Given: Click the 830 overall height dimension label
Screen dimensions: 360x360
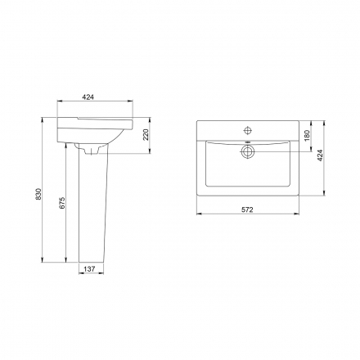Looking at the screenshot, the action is click(x=38, y=194).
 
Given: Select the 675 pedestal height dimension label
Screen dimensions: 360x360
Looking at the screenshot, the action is click(x=62, y=203).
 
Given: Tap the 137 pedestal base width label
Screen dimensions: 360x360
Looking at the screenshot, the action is click(x=89, y=269).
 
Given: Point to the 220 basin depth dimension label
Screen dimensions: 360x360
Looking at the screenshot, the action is click(x=146, y=135).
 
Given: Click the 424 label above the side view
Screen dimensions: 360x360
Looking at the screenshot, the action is click(x=88, y=97).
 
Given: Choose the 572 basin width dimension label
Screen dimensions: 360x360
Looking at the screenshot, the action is click(x=247, y=209).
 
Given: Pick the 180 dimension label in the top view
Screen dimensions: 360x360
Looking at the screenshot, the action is click(x=307, y=136).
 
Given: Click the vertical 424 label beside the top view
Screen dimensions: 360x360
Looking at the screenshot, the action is click(x=320, y=155).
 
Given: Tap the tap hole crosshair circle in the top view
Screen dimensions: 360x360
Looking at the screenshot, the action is click(x=248, y=130).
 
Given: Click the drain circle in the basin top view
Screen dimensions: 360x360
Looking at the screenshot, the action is click(x=247, y=151).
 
